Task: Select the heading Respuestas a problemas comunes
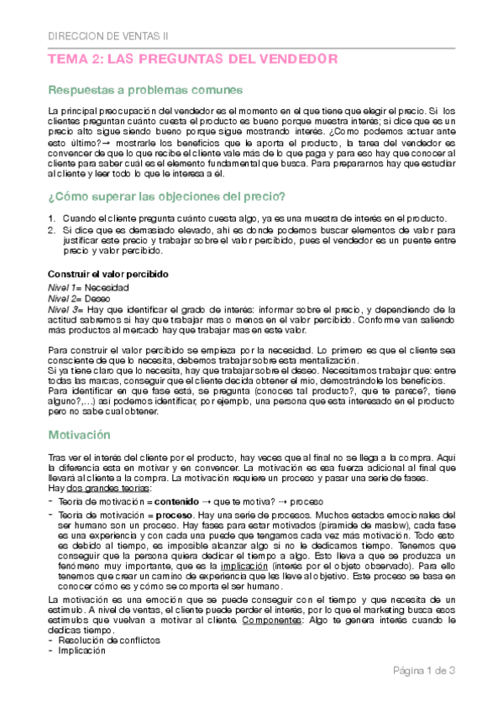point(145,90)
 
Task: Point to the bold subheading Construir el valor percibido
point(107,275)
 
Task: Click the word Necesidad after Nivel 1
point(106,286)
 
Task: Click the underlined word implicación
point(244,566)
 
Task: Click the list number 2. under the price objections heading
point(52,229)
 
